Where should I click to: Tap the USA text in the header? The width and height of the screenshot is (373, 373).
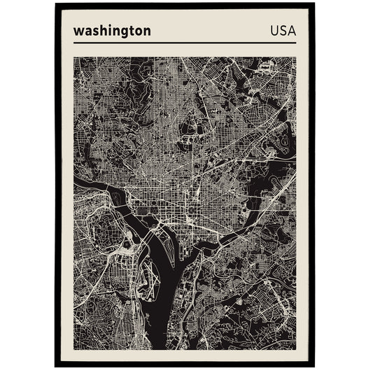click(x=283, y=31)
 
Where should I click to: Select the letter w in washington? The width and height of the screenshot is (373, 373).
click(x=78, y=31)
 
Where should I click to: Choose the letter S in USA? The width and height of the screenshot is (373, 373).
click(x=283, y=31)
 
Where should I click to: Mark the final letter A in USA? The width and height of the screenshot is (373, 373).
click(x=291, y=31)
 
